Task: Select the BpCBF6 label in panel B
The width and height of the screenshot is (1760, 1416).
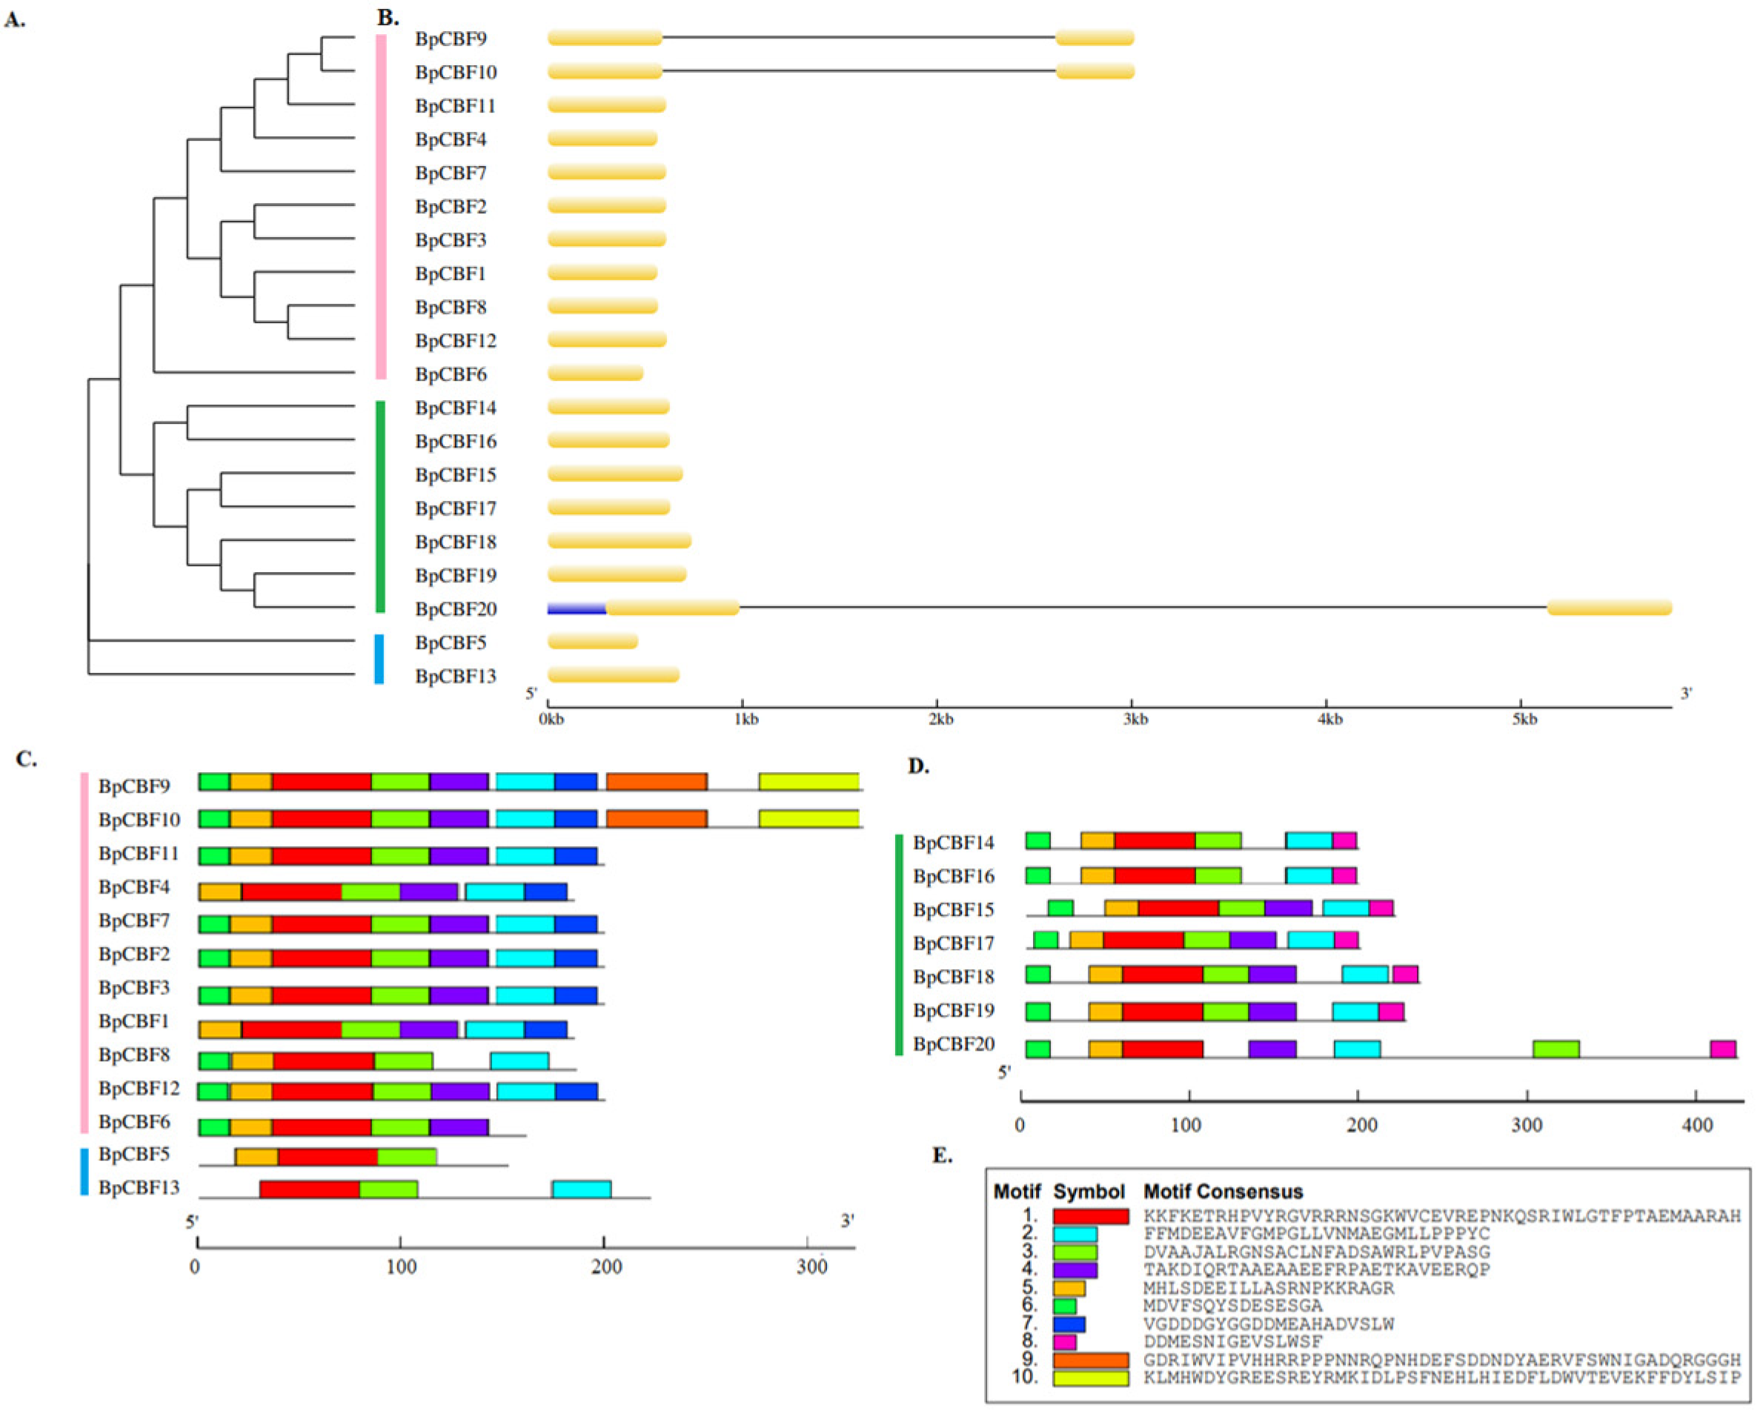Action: click(451, 375)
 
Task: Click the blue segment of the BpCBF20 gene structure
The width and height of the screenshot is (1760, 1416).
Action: click(577, 608)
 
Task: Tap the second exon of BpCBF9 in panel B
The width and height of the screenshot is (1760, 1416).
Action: click(1095, 38)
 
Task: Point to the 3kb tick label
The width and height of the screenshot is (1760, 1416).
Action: click(1135, 719)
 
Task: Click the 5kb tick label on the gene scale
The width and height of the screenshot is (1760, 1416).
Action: click(1524, 719)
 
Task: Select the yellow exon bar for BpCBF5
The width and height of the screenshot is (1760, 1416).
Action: click(593, 642)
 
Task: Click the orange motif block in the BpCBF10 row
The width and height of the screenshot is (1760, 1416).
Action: click(657, 819)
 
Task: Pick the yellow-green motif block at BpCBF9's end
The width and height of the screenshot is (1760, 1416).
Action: click(808, 782)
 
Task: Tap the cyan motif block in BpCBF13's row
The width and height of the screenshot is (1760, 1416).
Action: click(581, 1189)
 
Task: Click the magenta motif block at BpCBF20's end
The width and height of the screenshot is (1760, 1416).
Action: click(1722, 1049)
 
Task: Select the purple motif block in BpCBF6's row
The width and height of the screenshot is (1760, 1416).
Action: click(459, 1127)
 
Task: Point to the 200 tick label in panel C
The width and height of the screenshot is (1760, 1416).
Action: click(605, 1268)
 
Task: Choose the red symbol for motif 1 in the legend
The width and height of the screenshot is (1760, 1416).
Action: click(1091, 1216)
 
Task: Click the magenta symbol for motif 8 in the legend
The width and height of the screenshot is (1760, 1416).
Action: click(1064, 1341)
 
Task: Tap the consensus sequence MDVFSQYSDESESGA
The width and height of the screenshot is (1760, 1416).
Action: click(1232, 1306)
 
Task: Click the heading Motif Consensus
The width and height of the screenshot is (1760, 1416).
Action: click(1222, 1191)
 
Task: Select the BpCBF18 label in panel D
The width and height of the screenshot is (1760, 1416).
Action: click(954, 977)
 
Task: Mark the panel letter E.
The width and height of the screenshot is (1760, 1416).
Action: click(942, 1156)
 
